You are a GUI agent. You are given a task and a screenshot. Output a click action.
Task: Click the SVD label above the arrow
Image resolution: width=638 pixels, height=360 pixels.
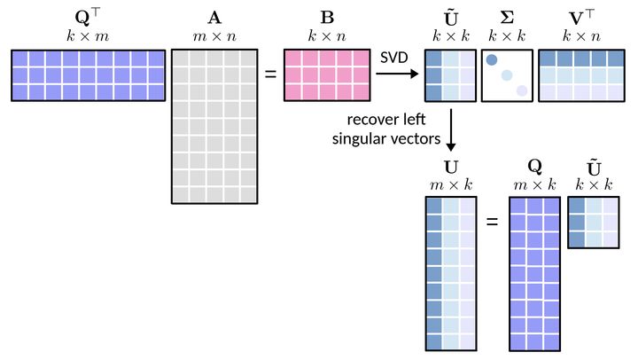(x=393, y=58)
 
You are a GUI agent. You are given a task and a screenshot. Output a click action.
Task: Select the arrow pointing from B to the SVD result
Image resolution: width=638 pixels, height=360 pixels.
(x=397, y=74)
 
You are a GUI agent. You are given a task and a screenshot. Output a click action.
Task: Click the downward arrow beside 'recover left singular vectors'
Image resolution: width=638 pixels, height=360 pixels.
(x=451, y=129)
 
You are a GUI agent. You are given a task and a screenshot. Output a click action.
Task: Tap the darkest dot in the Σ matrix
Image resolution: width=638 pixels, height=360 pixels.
(x=492, y=60)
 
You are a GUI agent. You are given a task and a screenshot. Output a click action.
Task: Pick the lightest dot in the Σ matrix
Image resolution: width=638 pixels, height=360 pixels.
(x=522, y=90)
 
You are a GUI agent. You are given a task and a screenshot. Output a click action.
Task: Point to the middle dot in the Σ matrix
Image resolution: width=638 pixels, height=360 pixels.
(x=507, y=75)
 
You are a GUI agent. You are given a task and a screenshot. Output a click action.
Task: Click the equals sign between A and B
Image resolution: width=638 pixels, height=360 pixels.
(x=270, y=74)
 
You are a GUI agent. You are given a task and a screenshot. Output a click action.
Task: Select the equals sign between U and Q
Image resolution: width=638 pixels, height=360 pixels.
(x=493, y=222)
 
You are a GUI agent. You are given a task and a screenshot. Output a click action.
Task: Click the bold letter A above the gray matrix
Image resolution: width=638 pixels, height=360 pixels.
(x=214, y=18)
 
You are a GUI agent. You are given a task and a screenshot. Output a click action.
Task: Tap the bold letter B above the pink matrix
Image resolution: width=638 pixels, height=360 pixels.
(x=327, y=18)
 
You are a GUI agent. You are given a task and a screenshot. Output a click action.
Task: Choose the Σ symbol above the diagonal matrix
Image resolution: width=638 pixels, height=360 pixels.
(x=507, y=18)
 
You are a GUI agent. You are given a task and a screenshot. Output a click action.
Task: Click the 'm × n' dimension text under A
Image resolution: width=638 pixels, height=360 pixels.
(x=214, y=36)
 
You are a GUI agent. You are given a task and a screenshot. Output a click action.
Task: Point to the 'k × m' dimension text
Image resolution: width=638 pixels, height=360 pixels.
(x=88, y=36)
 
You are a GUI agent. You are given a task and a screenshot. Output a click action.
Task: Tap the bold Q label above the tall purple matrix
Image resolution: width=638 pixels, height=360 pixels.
(x=534, y=166)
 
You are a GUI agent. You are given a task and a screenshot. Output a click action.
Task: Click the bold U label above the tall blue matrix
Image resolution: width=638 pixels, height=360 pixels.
(x=451, y=167)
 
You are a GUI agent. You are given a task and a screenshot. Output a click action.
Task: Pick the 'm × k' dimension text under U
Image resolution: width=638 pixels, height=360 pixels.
(x=451, y=185)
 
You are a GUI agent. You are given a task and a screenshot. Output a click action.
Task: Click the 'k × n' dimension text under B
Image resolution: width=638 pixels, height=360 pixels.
(x=327, y=36)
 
